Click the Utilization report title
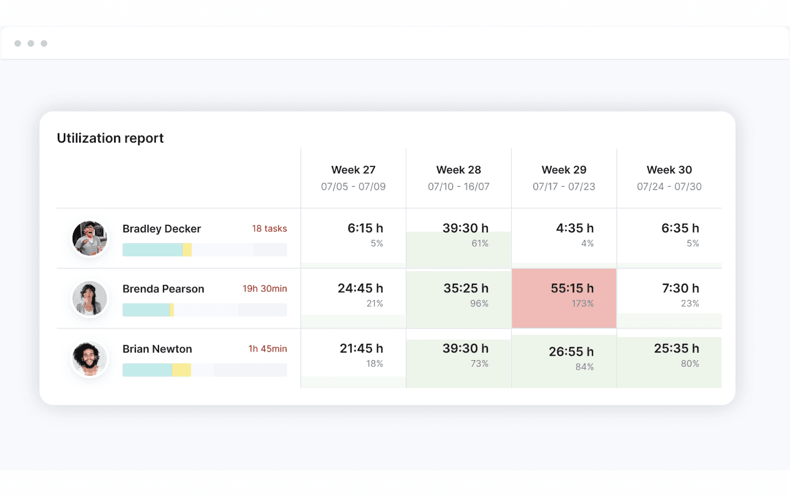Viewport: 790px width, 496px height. point(110,138)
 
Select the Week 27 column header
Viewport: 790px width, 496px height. point(353,170)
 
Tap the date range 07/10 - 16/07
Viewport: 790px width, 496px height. point(458,187)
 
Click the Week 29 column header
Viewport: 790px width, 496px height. point(564,170)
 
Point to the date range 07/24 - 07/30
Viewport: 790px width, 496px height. point(669,187)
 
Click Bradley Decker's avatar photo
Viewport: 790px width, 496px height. point(89,238)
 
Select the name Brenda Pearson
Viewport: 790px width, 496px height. point(163,289)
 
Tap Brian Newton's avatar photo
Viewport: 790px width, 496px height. point(89,359)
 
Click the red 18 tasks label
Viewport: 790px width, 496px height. point(269,229)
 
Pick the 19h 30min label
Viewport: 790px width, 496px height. point(265,289)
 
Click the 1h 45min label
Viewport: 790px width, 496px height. point(268,349)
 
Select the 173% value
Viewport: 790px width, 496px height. point(583,304)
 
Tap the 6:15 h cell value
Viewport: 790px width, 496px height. point(365,228)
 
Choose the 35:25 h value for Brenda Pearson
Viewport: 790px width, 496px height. point(466,289)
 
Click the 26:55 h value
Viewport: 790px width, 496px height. point(571,352)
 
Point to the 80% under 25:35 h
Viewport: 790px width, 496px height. point(690,364)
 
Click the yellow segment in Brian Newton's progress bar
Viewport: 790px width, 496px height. point(181,370)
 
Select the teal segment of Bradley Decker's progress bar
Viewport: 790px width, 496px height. point(152,250)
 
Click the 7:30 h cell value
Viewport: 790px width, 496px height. point(680,289)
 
